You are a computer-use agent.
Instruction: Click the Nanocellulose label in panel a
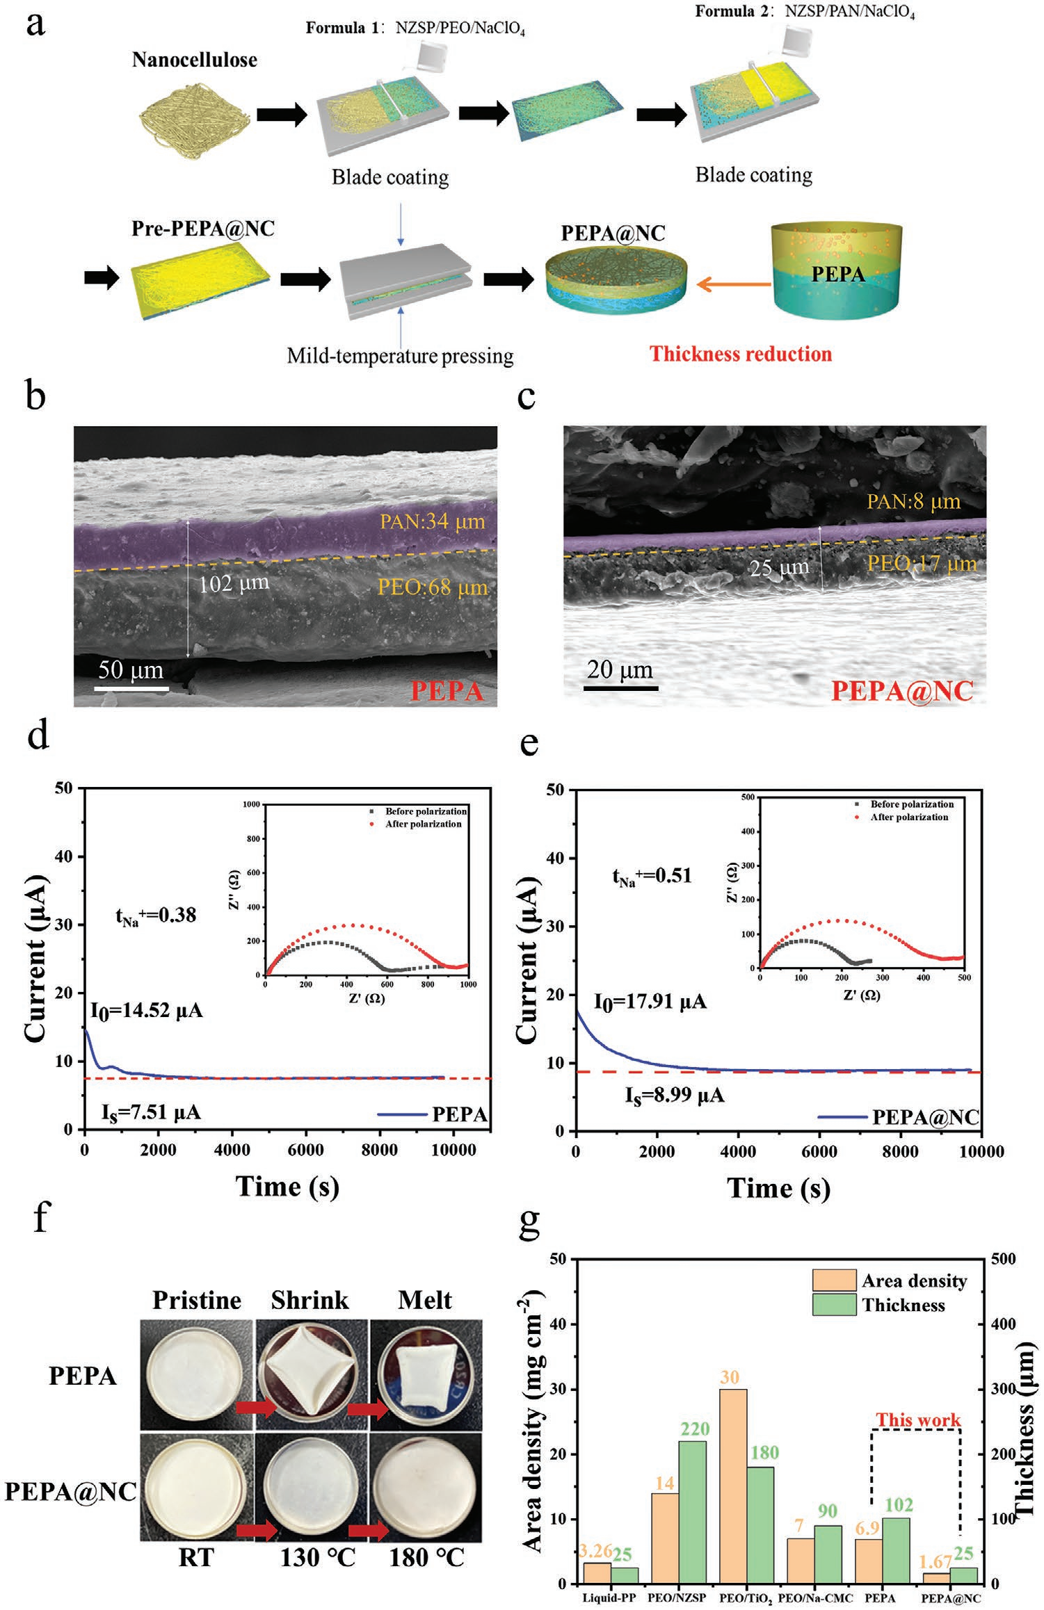194,60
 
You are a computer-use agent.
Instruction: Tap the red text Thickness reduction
741,354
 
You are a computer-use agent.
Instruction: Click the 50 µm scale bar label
131,670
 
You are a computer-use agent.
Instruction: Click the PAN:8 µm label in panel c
913,501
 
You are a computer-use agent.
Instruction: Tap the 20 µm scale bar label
620,670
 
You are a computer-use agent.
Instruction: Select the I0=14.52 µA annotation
147,1010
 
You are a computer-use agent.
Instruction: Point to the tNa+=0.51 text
652,875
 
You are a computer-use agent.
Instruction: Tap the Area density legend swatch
833,1280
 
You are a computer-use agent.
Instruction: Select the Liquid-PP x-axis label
609,1597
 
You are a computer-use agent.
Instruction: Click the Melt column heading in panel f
425,1299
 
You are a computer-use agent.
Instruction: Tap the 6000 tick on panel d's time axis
305,1150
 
